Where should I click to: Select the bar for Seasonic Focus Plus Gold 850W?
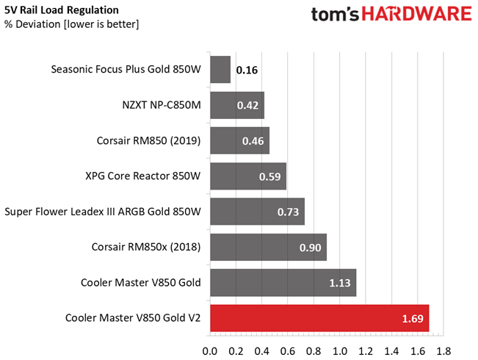click(220, 70)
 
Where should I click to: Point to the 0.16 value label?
click(247, 71)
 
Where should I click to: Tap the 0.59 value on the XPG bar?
click(271, 177)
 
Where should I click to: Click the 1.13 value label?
click(341, 284)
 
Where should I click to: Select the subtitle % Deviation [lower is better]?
click(71, 24)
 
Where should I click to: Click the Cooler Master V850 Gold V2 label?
click(133, 318)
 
